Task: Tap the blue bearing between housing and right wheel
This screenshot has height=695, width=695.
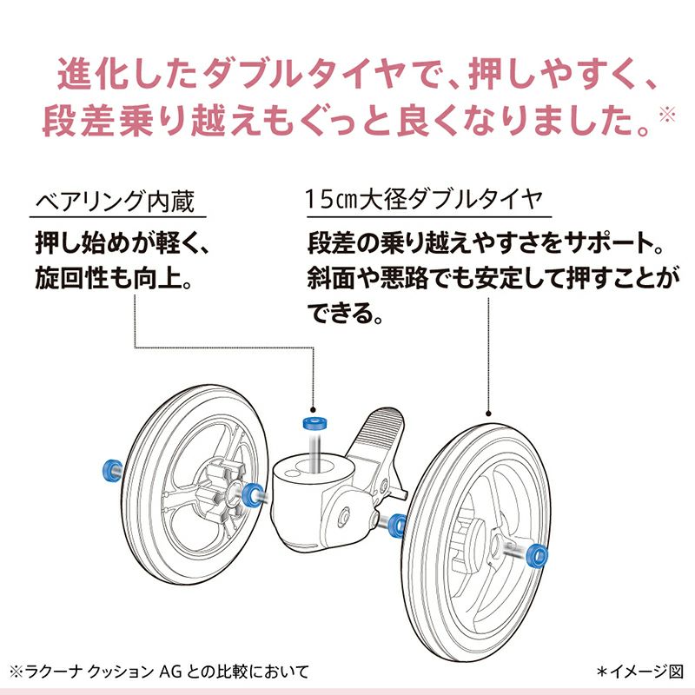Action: coord(399,524)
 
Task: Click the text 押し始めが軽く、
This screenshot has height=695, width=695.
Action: coord(122,242)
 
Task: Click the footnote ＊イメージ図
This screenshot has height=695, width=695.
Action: coord(639,672)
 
